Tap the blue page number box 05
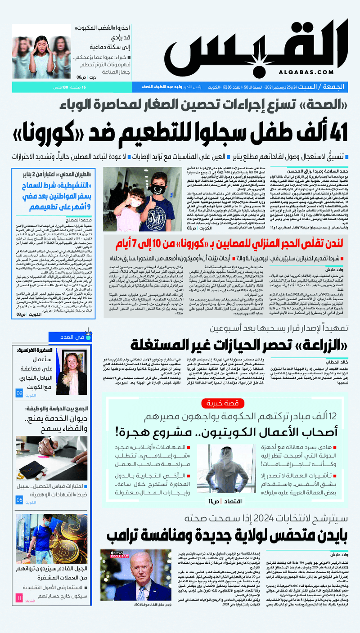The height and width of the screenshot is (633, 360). (19, 500)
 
